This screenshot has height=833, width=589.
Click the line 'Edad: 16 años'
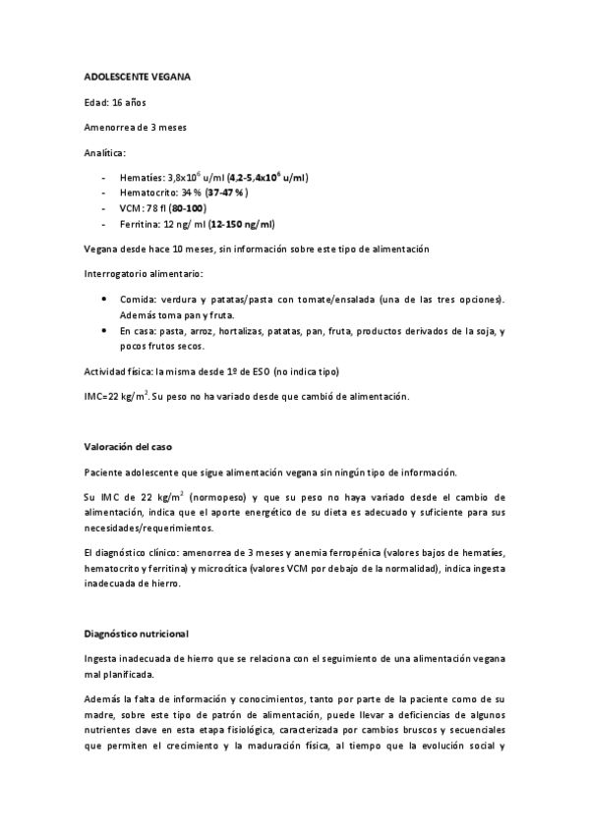coord(116,101)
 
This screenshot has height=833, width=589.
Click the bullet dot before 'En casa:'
coord(105,332)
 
